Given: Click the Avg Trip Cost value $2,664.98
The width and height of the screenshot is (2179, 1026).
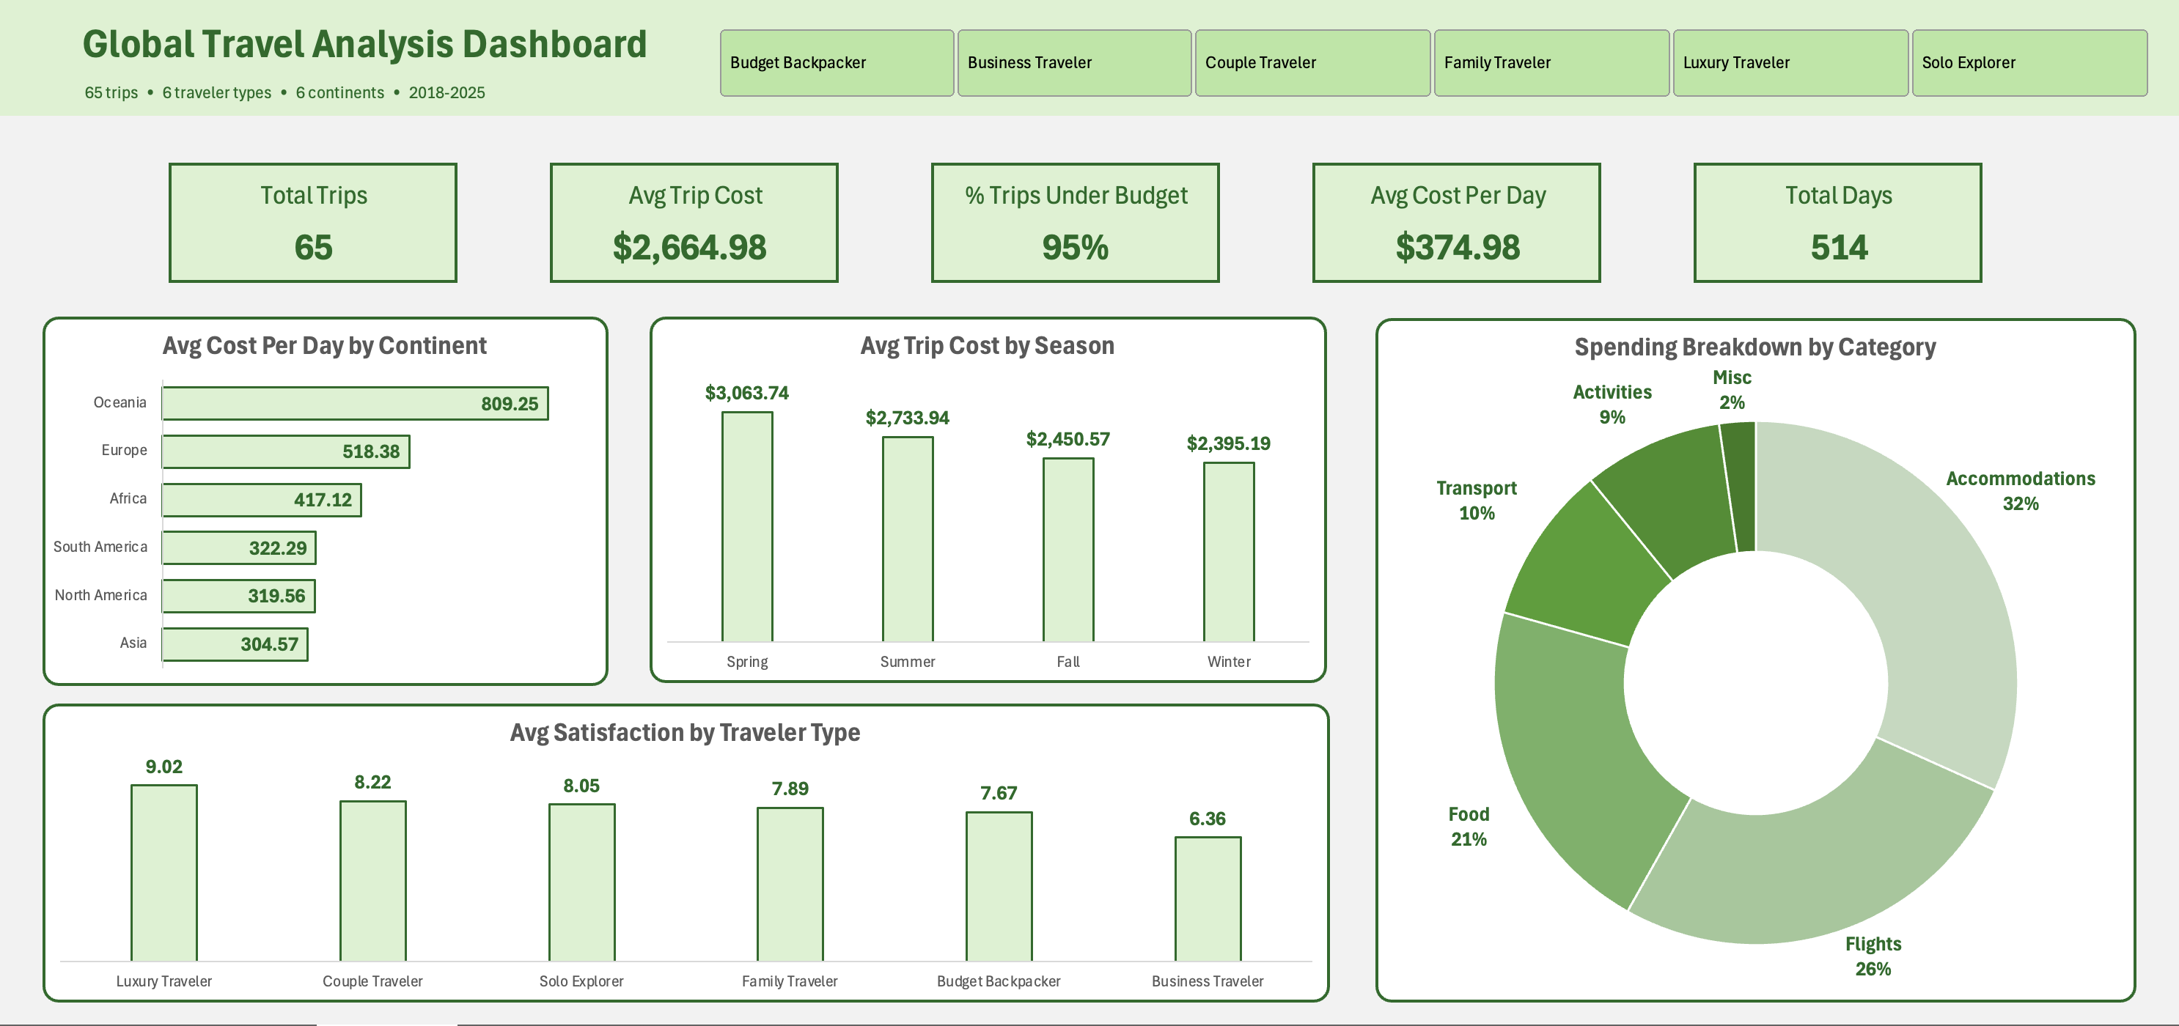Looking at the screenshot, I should point(689,247).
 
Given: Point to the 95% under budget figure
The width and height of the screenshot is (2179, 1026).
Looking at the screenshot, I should point(1074,247).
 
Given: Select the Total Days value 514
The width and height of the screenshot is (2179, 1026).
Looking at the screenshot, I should point(1838,247).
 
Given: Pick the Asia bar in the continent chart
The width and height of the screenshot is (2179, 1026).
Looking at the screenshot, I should point(235,644).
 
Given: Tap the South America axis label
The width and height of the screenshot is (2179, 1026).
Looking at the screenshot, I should point(100,547).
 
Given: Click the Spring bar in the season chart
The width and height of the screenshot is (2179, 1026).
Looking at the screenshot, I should point(747,526).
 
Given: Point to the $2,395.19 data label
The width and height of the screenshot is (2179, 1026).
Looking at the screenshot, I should point(1228,443).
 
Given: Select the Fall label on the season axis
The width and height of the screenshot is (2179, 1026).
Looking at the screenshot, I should point(1068,662).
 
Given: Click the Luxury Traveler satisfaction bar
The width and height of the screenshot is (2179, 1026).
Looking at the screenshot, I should point(164,873).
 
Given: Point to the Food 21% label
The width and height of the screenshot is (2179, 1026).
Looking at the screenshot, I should point(1469,827).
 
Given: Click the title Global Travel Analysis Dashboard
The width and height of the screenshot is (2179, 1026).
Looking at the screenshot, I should point(364,45).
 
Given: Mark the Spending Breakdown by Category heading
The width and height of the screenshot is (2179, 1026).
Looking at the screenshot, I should point(1754,347).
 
